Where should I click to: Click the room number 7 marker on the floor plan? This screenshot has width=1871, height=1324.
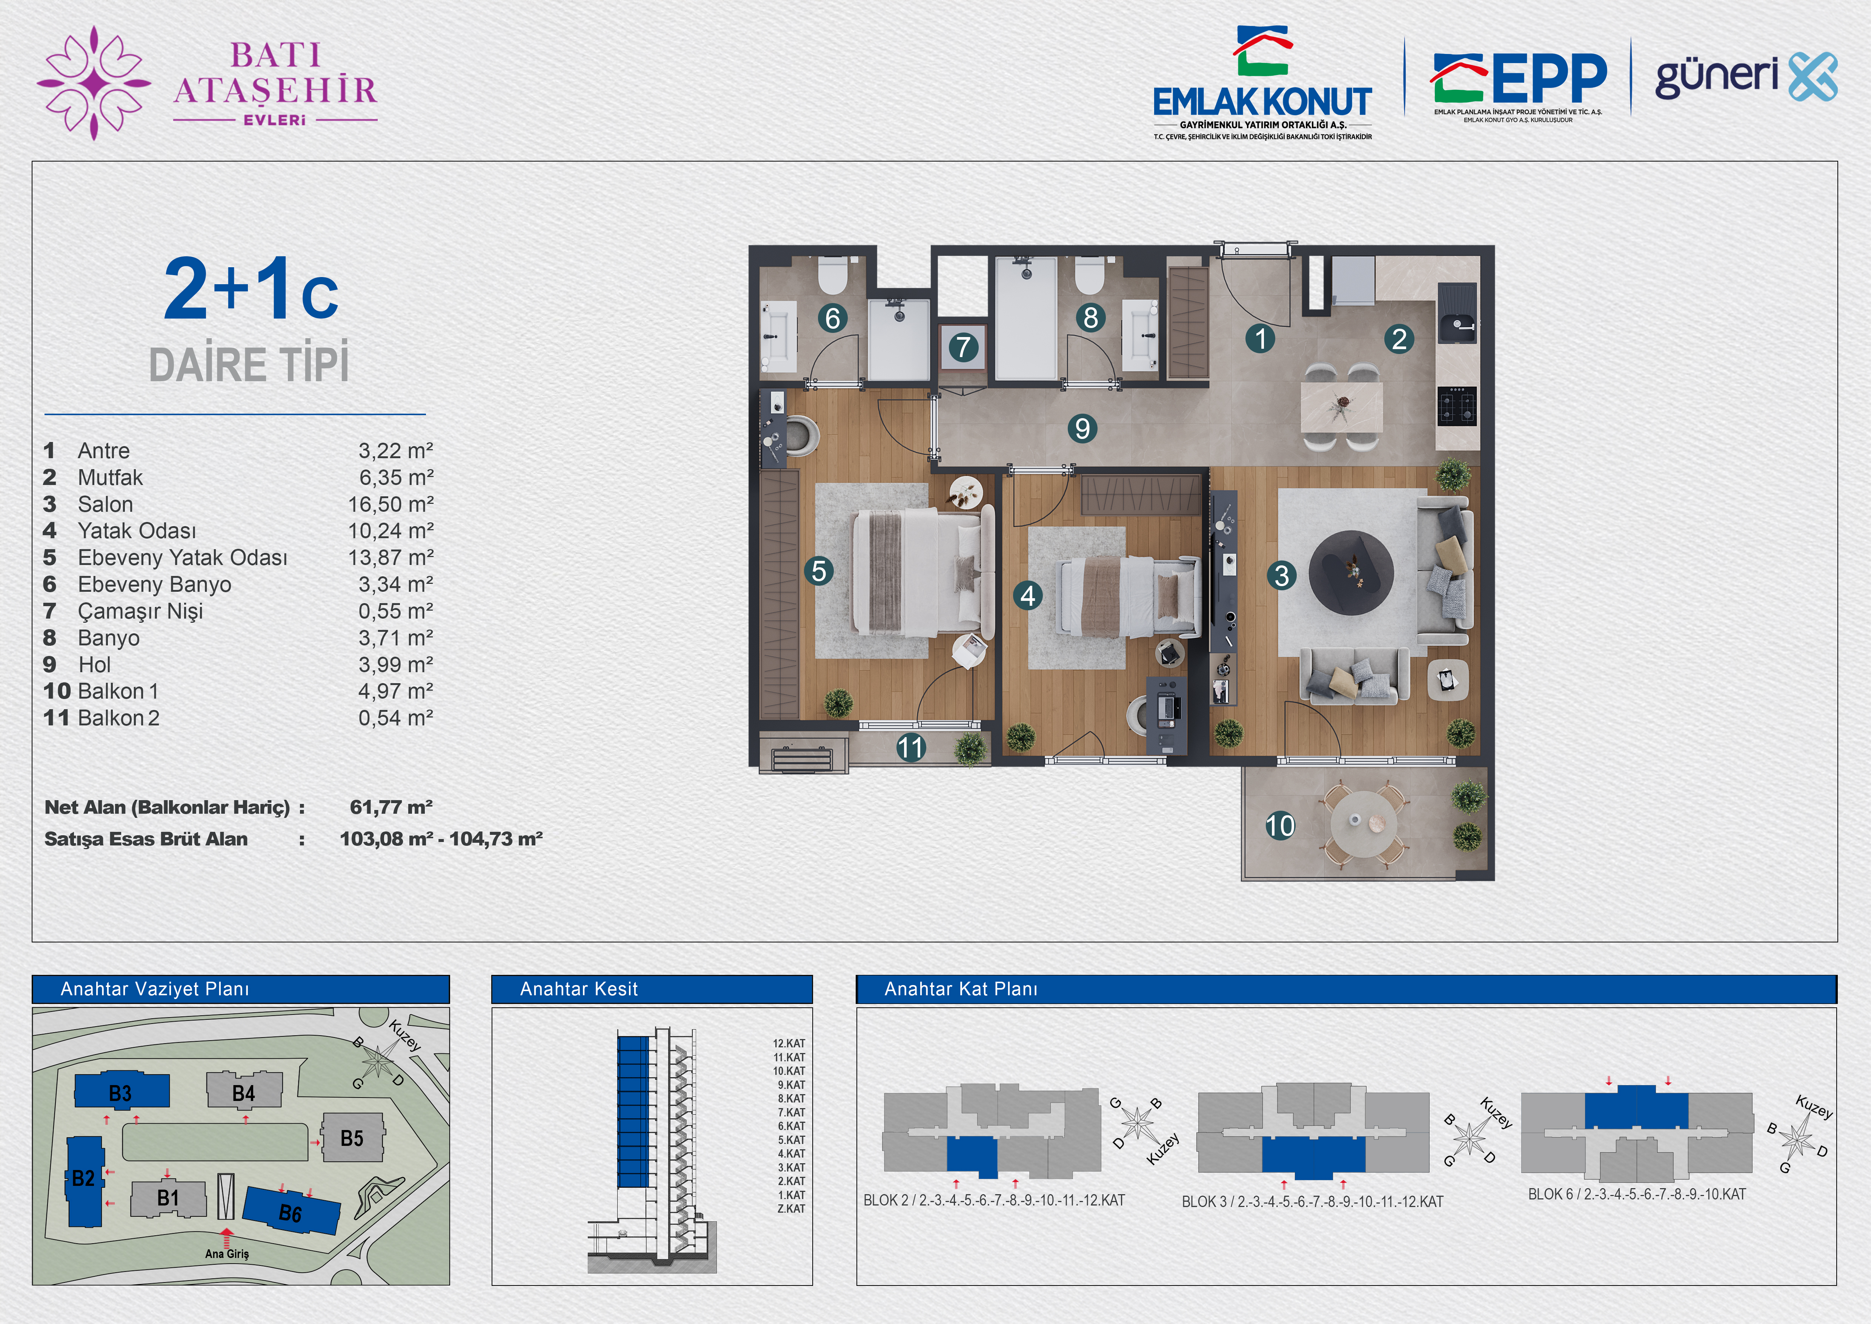(x=963, y=347)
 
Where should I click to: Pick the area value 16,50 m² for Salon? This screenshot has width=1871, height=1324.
(x=391, y=504)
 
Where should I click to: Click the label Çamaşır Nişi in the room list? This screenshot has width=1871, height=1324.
(x=140, y=611)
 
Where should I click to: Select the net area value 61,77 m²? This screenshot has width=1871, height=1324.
(x=391, y=807)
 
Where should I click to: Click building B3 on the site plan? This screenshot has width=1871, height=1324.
(x=121, y=1091)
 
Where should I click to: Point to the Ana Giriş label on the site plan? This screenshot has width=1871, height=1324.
(x=226, y=1254)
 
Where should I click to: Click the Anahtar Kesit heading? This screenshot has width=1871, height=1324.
(x=578, y=989)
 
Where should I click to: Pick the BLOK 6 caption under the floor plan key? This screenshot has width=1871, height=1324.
(x=1637, y=1195)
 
